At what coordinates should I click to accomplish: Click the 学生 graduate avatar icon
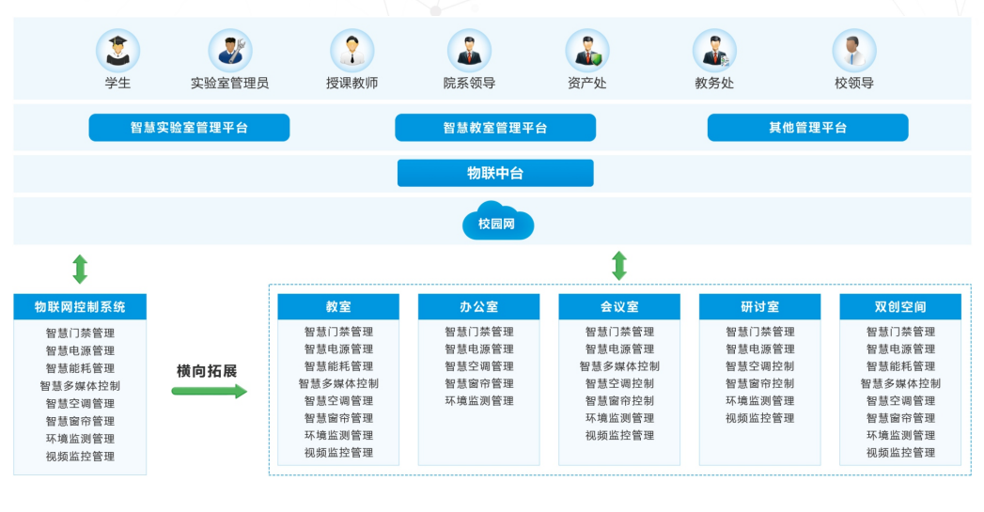118,51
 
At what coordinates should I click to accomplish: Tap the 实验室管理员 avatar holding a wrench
230,51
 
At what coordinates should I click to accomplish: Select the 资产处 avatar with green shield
587,51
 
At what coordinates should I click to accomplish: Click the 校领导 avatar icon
854,51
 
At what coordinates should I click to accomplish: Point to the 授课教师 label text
352,83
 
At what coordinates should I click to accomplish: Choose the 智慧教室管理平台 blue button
495,128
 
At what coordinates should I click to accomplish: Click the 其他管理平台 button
807,128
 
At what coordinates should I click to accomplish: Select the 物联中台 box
495,173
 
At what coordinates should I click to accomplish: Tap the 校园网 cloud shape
497,221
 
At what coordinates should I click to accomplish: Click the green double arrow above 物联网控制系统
80,270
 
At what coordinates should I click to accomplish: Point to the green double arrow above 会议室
619,266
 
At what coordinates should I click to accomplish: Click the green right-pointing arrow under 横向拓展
209,392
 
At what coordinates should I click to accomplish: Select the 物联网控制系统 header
80,307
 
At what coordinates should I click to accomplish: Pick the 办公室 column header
478,307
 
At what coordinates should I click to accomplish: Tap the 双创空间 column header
900,307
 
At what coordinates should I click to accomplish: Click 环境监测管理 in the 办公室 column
479,401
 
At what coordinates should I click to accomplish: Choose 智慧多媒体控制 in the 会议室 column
619,366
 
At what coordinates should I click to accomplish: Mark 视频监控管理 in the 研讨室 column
760,418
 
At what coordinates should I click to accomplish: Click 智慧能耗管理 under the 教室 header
339,366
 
